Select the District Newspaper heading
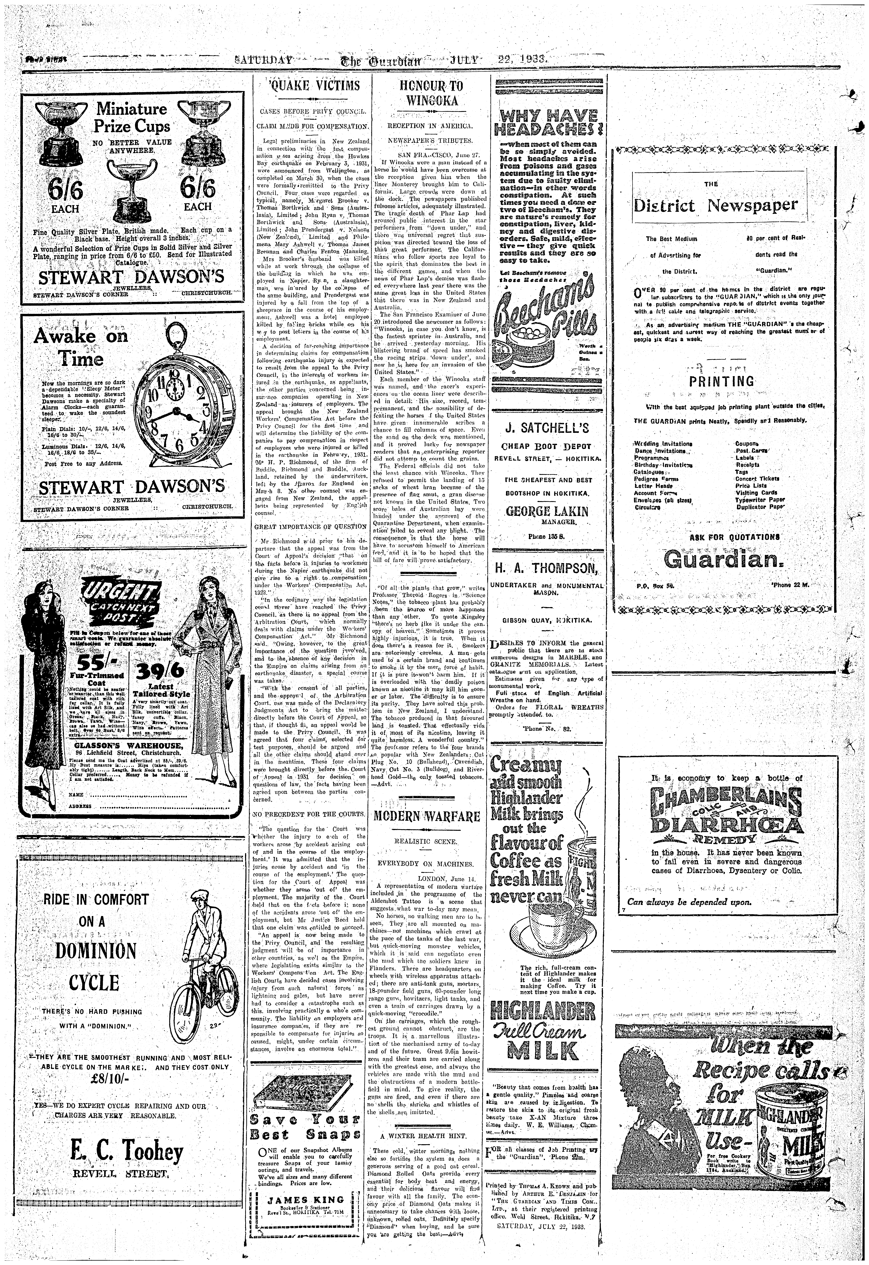click(716, 205)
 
